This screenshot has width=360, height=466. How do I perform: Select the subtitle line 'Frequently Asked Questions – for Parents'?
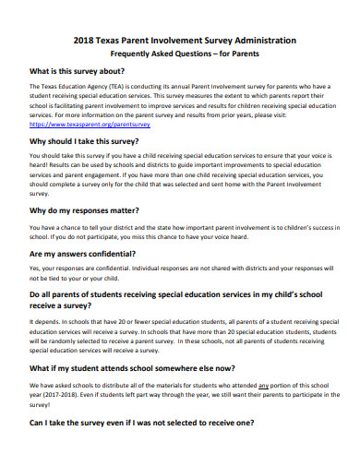click(x=179, y=54)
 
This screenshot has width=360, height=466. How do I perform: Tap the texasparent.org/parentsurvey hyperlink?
click(x=90, y=124)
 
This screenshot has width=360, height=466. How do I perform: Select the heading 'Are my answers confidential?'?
click(x=87, y=253)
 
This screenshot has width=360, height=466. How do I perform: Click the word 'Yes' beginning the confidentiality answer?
click(x=36, y=269)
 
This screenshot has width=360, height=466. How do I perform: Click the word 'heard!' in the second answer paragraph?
click(x=40, y=167)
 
